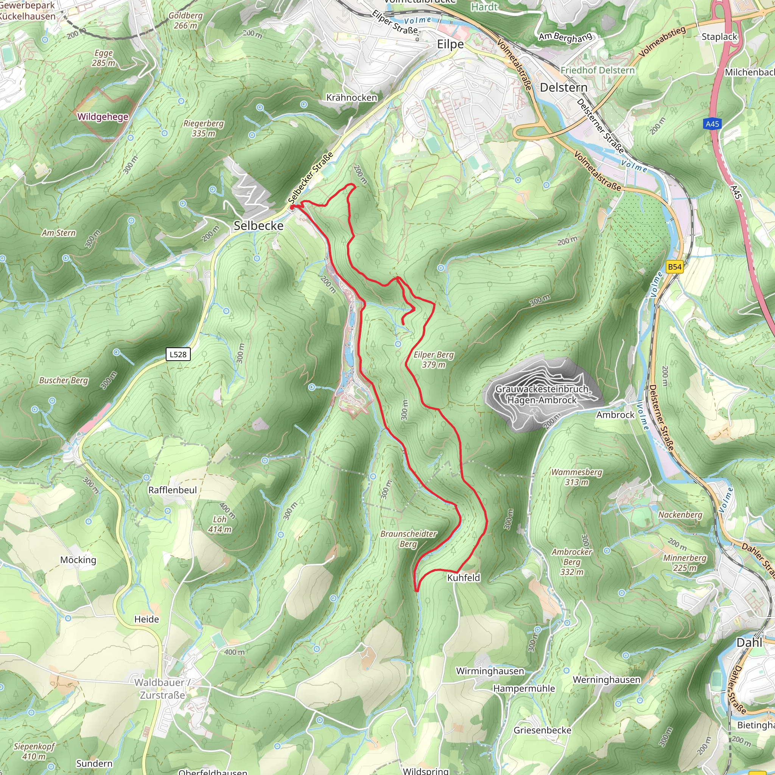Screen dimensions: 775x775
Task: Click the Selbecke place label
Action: tap(258, 226)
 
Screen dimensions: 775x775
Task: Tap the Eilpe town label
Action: tap(450, 44)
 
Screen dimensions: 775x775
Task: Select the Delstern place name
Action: tap(563, 87)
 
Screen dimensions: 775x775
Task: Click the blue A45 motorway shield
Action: tap(713, 124)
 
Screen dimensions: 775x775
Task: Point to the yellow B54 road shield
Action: tap(674, 267)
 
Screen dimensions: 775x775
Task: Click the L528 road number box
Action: tap(178, 354)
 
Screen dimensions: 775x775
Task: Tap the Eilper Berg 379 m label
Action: tap(434, 359)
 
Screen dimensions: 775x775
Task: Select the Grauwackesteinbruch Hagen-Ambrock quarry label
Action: tap(542, 394)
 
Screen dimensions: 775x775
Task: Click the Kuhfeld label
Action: tap(463, 577)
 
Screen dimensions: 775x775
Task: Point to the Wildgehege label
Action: tap(103, 117)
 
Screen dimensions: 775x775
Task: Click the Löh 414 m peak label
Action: tap(219, 524)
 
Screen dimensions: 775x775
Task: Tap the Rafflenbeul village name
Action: tap(173, 490)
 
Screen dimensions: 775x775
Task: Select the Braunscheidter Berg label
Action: tap(408, 539)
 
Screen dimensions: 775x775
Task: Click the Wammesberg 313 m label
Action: tap(576, 477)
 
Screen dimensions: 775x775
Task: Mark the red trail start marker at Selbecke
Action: tap(293, 207)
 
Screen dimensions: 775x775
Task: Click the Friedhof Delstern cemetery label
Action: tap(597, 70)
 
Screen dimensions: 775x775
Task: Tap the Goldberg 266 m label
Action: tap(185, 20)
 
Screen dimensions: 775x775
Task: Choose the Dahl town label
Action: tap(749, 643)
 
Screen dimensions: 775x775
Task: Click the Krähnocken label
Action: tap(352, 98)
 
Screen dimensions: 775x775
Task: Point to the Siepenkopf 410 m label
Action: tap(34, 751)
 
